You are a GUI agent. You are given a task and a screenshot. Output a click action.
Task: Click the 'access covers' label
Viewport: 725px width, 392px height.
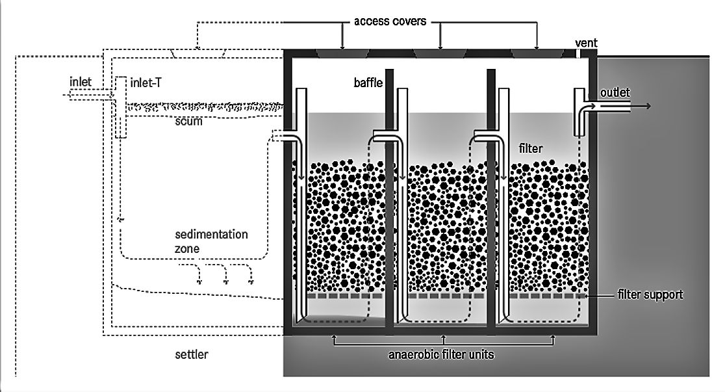[390, 21]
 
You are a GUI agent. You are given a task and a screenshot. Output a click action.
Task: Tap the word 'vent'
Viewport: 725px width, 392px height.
[586, 44]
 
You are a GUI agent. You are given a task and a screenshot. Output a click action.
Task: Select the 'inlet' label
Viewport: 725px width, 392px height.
[81, 82]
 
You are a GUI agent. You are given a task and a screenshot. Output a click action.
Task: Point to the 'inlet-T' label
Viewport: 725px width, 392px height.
[147, 83]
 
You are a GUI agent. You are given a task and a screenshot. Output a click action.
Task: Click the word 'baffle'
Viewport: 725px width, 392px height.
[368, 83]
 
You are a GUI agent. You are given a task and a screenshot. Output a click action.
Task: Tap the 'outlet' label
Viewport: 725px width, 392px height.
[615, 93]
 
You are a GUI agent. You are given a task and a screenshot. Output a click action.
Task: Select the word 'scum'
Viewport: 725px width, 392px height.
[188, 121]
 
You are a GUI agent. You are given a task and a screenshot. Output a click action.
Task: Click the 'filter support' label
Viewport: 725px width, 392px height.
[650, 294]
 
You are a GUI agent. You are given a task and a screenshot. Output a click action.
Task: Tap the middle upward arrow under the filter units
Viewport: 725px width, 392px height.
[443, 339]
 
